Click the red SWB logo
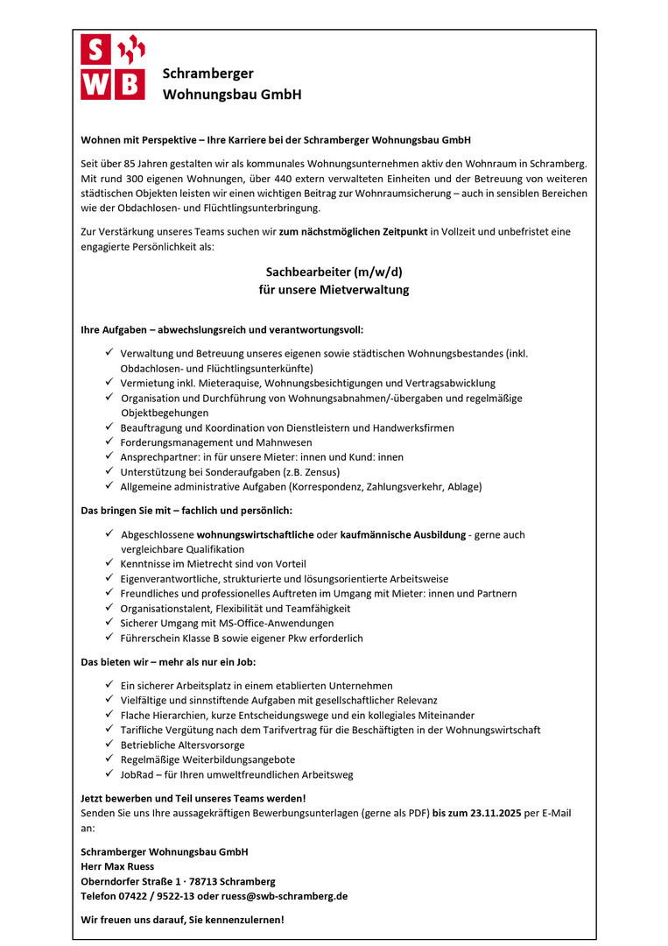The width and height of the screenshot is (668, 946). click(112, 67)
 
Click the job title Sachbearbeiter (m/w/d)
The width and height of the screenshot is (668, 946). click(334, 272)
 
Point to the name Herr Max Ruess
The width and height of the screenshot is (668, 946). click(117, 866)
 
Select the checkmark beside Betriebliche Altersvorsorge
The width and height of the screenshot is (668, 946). click(109, 745)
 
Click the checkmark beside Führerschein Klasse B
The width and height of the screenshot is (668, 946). click(109, 638)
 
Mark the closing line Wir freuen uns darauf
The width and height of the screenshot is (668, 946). click(182, 920)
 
